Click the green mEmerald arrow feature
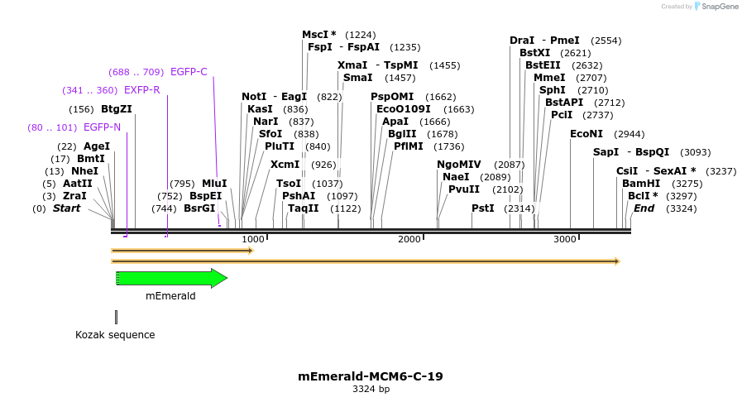click(x=170, y=279)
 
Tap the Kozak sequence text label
click(x=115, y=335)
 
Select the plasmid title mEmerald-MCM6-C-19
click(x=371, y=376)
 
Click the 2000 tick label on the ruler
click(x=409, y=239)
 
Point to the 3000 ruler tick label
click(x=564, y=239)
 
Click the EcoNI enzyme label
click(x=586, y=134)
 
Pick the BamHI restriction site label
click(x=639, y=184)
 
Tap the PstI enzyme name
click(x=483, y=208)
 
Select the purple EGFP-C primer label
click(x=189, y=72)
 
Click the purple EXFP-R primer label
click(x=142, y=90)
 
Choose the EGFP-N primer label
click(x=102, y=127)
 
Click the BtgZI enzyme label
click(x=117, y=109)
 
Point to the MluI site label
click(x=214, y=184)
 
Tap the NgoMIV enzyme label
click(x=459, y=165)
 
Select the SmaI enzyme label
click(x=357, y=78)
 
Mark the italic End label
click(x=644, y=208)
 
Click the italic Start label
click(x=67, y=208)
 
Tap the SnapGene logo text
click(x=716, y=7)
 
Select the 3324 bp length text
click(x=371, y=389)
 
